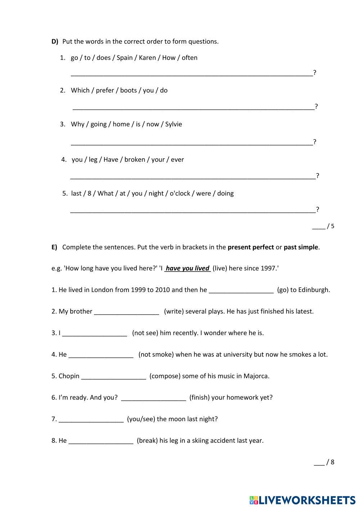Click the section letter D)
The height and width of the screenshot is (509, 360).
pos(55,41)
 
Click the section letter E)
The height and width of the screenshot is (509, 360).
pos(54,247)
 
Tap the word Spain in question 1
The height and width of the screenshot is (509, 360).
pos(125,58)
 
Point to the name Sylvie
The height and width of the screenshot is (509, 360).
pos(174,124)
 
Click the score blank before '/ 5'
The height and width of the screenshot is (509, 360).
pos(318,227)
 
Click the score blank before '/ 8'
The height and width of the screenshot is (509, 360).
pos(319,463)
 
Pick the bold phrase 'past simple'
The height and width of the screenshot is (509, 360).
pos(301,247)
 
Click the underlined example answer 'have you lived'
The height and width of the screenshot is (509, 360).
pos(188,268)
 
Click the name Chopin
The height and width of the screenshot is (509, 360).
pos(69,376)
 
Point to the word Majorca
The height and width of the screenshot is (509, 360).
pos(256,376)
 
